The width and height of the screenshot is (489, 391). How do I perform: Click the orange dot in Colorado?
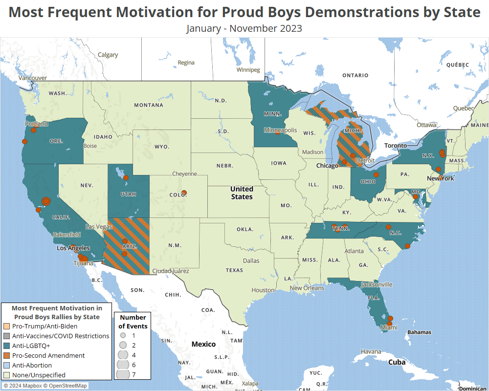[184, 193]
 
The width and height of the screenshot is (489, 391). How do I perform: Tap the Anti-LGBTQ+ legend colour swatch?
[7, 346]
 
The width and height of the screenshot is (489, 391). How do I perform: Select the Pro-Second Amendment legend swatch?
[7, 355]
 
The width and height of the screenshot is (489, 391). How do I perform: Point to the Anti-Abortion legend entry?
[32, 365]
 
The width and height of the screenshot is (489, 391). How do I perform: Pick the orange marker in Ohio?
[377, 174]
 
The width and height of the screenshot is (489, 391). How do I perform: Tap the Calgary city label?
[108, 55]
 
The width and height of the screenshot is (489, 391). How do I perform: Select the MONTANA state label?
[149, 105]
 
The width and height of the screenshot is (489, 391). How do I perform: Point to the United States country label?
[242, 193]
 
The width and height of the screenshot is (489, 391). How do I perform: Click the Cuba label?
[397, 362]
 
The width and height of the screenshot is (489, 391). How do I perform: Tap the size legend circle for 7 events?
[123, 374]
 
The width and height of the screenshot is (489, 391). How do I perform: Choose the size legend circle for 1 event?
[123, 336]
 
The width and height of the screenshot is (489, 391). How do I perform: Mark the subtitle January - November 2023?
[244, 28]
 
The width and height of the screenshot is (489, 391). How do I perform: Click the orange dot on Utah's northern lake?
[126, 177]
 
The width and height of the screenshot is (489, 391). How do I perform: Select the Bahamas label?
[419, 332]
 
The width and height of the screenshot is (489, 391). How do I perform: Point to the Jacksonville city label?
[377, 284]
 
